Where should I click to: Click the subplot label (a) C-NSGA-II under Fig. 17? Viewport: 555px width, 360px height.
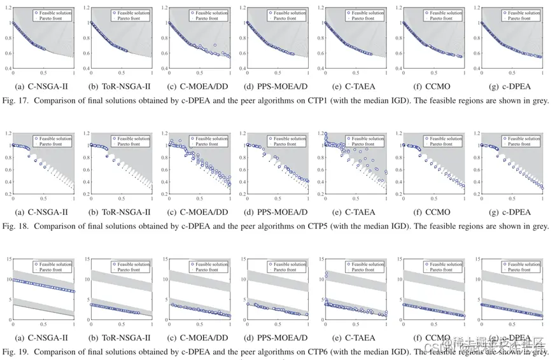43,87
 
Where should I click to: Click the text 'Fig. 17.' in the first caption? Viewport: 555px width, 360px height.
15,100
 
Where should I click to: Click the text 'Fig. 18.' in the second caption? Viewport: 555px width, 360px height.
15,226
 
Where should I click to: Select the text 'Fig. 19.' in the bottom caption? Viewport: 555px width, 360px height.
15,352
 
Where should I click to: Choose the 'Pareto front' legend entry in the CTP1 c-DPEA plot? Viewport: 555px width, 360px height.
521,18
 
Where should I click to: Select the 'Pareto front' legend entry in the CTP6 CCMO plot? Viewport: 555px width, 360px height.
443,270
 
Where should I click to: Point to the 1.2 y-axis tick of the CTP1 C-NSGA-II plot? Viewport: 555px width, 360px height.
7,8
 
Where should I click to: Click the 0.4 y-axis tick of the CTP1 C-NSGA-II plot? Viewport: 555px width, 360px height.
7,67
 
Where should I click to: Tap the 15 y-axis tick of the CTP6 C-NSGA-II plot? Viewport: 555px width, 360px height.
7,259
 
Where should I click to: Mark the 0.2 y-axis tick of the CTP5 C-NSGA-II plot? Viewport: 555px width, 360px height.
7,193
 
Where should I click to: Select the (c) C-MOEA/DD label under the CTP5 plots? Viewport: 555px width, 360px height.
199,212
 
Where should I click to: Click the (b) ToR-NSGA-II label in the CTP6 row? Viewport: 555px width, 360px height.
121,338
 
